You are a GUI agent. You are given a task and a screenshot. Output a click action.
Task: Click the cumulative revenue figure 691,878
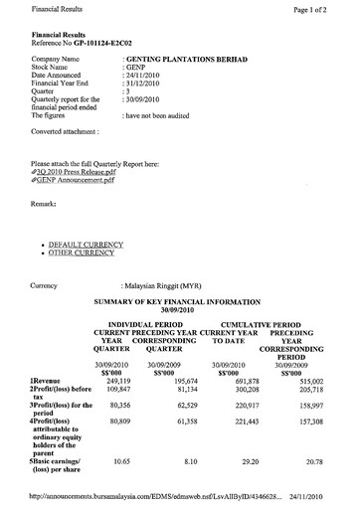point(242,381)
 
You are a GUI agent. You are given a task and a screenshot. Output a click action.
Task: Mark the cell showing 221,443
point(242,423)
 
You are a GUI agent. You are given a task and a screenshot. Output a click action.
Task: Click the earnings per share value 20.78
point(316,461)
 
